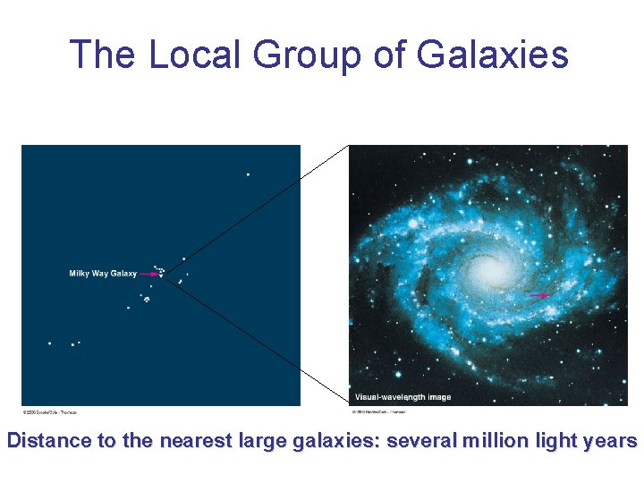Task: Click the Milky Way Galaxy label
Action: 103,274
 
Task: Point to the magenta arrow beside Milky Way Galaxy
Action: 149,274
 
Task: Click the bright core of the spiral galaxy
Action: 488,268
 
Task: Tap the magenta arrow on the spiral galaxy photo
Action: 538,295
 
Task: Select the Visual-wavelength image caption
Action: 402,396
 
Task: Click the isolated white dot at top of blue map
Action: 248,174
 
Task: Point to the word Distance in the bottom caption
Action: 49,440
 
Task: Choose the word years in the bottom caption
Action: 611,441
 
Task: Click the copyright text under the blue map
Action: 50,412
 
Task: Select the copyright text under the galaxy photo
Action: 377,412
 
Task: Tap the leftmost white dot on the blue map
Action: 49,343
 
